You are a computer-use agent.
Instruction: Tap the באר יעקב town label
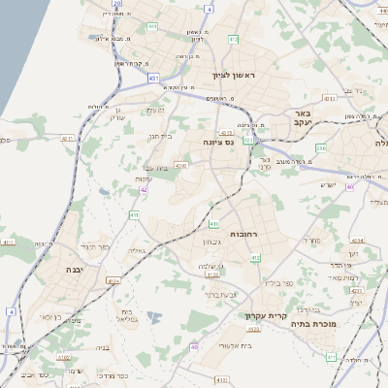307,119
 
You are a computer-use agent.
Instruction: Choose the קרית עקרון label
285,314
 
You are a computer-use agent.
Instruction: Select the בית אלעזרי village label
236,345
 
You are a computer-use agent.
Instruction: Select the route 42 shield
144,190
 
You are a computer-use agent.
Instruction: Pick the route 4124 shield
113,281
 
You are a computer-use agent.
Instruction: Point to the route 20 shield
116,4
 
